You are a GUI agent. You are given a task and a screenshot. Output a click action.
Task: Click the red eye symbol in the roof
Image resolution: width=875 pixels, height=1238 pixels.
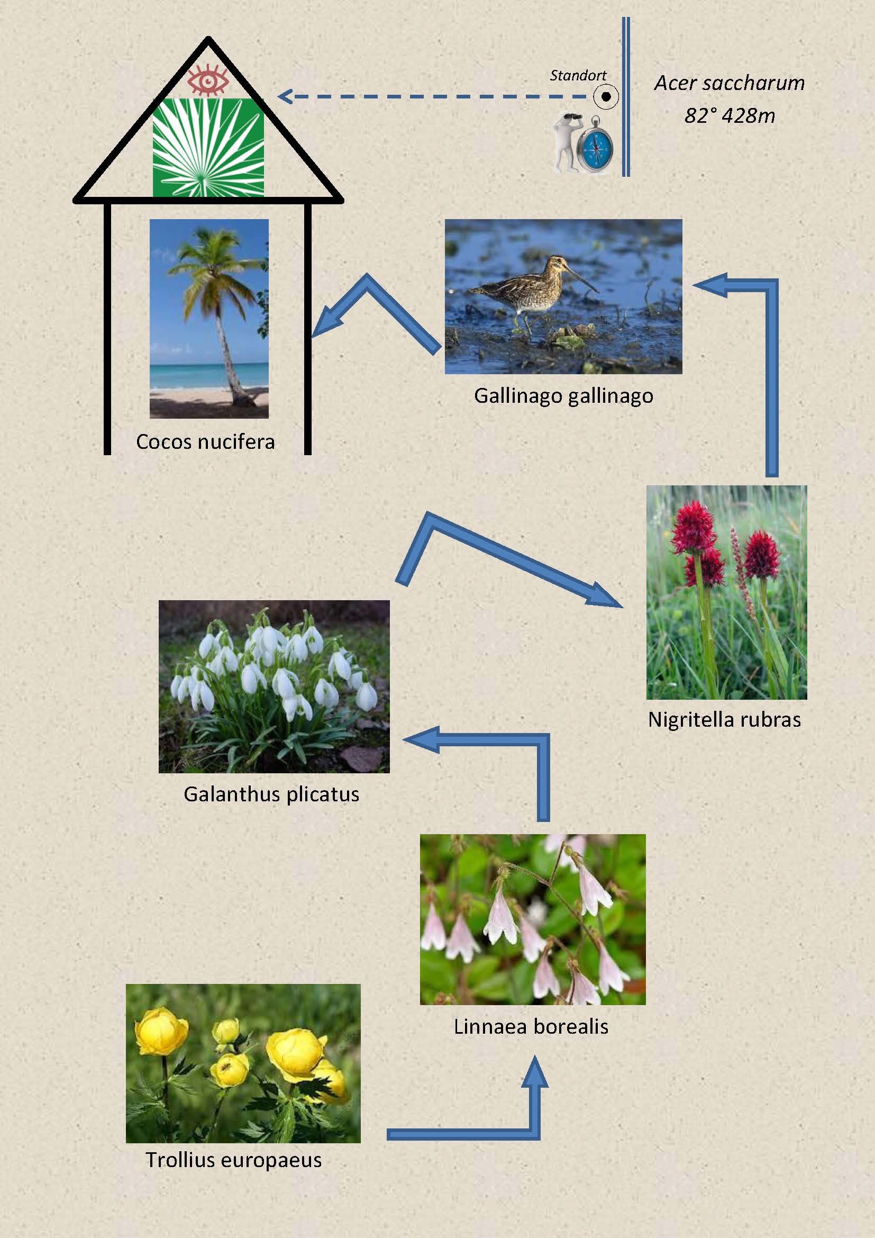pyautogui.click(x=208, y=80)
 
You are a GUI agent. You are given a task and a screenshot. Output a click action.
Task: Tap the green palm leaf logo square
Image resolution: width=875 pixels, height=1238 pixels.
pyautogui.click(x=208, y=148)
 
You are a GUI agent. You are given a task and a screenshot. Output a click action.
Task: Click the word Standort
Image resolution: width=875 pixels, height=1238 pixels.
pyautogui.click(x=578, y=76)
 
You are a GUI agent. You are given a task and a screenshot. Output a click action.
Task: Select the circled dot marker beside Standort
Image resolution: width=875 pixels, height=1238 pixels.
pyautogui.click(x=606, y=97)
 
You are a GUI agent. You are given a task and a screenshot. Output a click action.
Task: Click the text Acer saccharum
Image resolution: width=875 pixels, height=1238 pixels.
pyautogui.click(x=729, y=83)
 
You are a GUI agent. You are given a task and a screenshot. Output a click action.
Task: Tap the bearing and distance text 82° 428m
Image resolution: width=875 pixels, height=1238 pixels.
pyautogui.click(x=729, y=115)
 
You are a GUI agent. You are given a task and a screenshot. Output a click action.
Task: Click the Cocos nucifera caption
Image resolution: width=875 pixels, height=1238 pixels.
pyautogui.click(x=205, y=441)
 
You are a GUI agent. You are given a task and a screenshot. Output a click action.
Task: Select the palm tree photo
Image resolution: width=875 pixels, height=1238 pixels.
pyautogui.click(x=209, y=318)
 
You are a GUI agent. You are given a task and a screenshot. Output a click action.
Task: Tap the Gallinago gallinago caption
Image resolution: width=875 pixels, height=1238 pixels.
pyautogui.click(x=563, y=396)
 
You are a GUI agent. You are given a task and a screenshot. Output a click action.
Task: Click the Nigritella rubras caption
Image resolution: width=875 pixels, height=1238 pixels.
pyautogui.click(x=724, y=719)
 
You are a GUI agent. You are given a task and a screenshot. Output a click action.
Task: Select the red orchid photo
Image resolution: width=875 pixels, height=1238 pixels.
pyautogui.click(x=726, y=592)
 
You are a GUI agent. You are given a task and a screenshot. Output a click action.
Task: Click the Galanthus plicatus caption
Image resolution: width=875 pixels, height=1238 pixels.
pyautogui.click(x=271, y=794)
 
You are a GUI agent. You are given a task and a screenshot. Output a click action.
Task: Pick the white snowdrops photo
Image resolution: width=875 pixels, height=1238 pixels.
pyautogui.click(x=274, y=686)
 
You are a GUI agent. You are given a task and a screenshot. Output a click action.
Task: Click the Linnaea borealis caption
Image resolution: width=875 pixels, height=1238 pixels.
pyautogui.click(x=531, y=1026)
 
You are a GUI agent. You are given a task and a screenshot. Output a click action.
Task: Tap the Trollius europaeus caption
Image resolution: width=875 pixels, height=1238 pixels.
pyautogui.click(x=234, y=1160)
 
